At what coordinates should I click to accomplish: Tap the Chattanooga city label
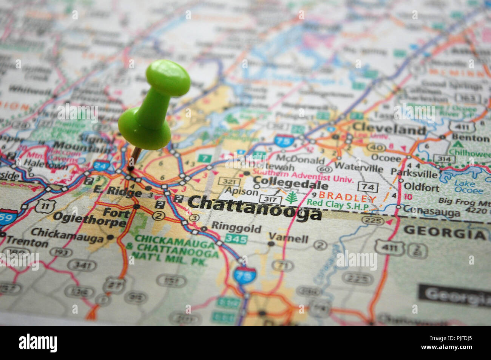[x=254, y=207]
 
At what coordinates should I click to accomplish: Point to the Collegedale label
[x=290, y=185]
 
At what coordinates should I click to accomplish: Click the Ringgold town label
[x=236, y=228]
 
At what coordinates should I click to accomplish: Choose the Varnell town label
[x=288, y=238]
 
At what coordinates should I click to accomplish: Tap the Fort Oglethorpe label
[x=91, y=217]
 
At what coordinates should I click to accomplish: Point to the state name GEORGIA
[x=445, y=233]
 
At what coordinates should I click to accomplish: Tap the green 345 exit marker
[x=236, y=239]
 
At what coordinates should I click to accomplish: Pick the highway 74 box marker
[x=367, y=187]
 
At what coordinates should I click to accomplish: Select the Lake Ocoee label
[x=465, y=187]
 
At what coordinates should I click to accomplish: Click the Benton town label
[x=470, y=138]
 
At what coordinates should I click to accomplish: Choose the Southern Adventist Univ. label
[x=302, y=177]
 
